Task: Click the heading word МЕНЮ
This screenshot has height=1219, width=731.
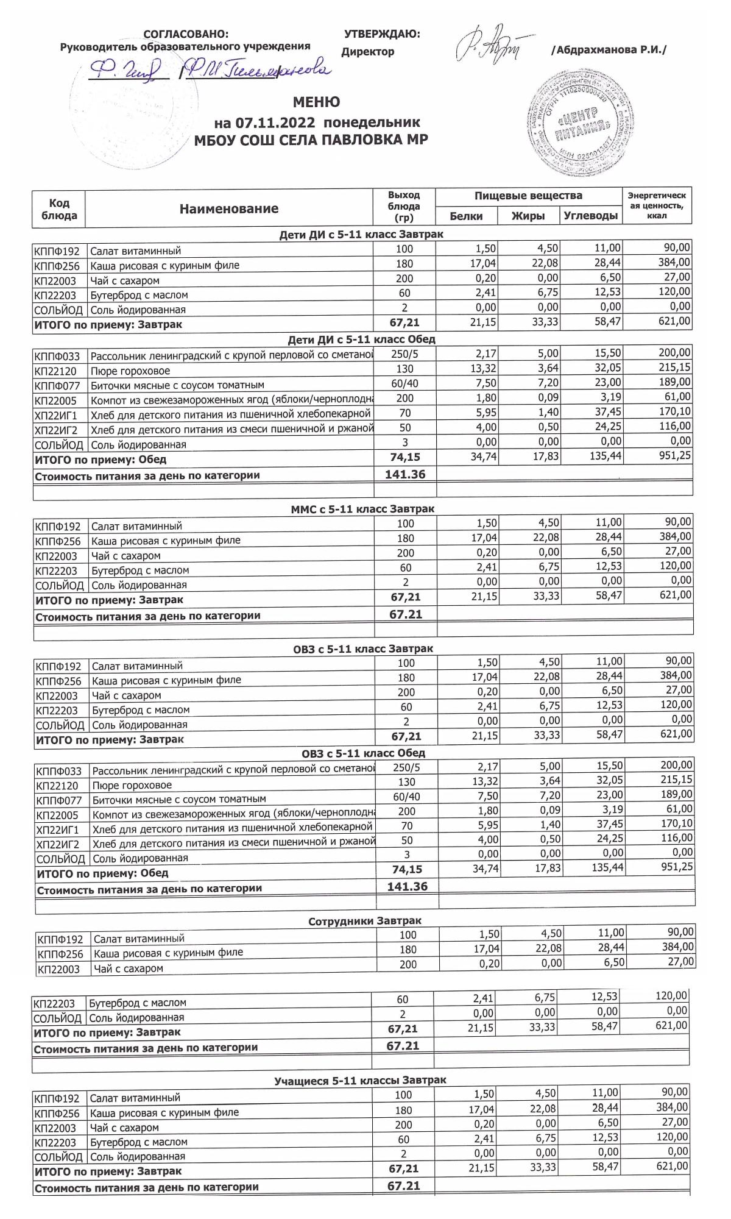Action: click(316, 102)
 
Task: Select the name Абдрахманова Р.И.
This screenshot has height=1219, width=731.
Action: click(609, 50)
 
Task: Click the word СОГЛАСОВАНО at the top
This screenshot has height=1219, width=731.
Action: click(186, 34)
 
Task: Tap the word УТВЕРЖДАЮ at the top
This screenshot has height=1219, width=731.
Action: click(382, 34)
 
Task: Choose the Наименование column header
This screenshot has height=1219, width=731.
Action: click(228, 209)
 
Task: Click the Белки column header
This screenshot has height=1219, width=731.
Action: click(466, 216)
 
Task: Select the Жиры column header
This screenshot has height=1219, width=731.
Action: click(528, 216)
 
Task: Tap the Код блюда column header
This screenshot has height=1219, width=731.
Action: click(59, 209)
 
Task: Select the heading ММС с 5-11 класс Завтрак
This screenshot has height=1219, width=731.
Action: click(362, 508)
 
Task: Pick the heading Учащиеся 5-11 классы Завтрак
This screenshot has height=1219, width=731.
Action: click(360, 1080)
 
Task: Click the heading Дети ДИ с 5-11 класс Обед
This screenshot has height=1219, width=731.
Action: click(361, 339)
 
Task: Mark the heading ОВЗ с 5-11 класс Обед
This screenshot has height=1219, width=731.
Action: click(363, 753)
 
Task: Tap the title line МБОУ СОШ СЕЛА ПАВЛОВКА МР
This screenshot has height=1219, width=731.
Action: click(311, 140)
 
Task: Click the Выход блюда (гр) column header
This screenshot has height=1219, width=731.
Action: click(404, 207)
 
